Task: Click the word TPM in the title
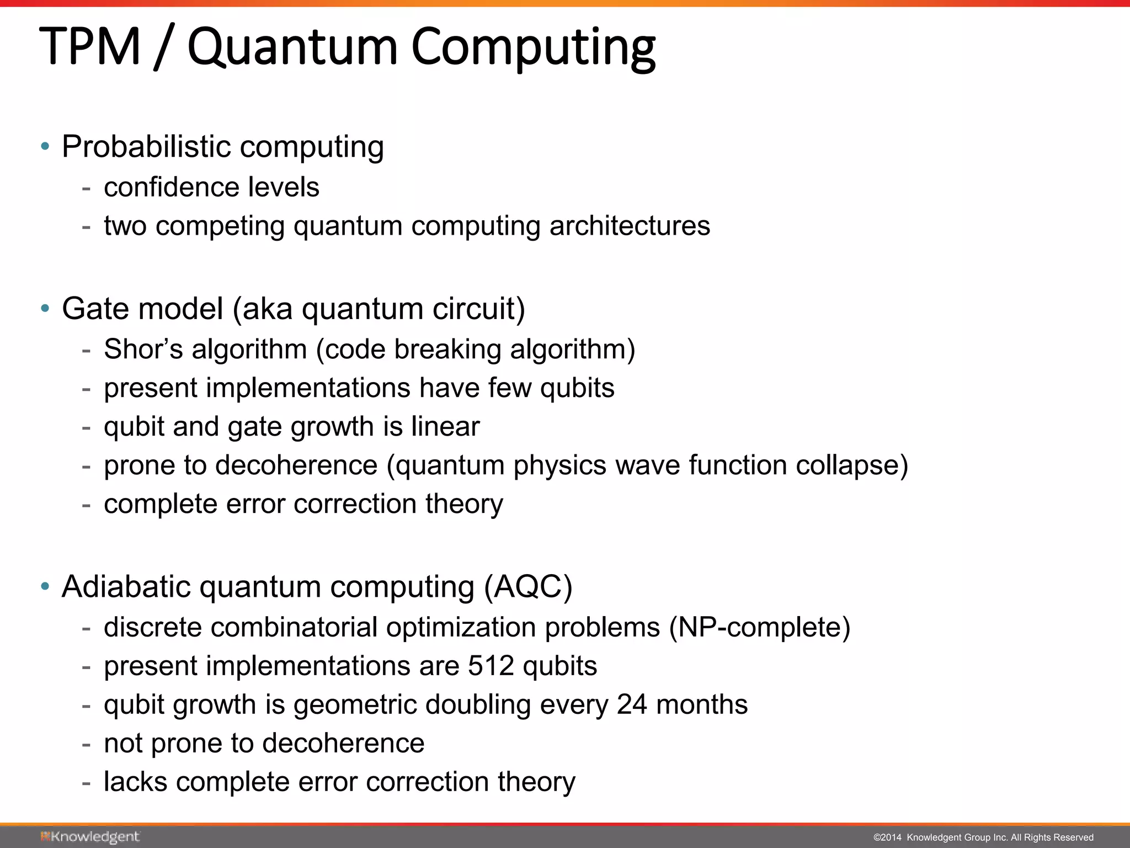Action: (x=90, y=47)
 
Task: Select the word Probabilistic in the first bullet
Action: (x=146, y=147)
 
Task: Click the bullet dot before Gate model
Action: (x=45, y=308)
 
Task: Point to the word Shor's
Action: (x=143, y=349)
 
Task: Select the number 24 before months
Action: (x=632, y=705)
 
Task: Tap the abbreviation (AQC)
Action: (x=528, y=587)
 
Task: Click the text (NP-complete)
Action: (x=760, y=628)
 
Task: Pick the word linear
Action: (x=445, y=427)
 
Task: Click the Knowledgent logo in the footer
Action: (x=90, y=837)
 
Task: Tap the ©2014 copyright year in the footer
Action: (x=887, y=838)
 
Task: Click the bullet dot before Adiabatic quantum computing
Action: (x=45, y=586)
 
